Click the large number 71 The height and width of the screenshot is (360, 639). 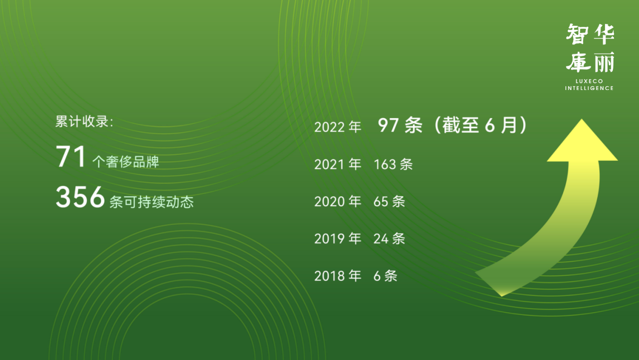(71, 156)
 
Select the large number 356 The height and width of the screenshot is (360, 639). (80, 197)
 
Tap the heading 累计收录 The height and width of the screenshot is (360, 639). (84, 121)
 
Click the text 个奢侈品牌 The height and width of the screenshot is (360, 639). (126, 162)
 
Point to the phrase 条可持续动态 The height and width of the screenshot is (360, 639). (151, 202)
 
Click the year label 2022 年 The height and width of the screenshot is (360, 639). (338, 127)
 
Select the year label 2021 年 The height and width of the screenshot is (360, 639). (338, 164)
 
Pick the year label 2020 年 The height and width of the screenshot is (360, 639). (338, 201)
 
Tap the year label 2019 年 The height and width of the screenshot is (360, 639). (338, 239)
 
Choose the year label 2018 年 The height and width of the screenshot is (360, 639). (338, 276)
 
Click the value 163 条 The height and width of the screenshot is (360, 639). (393, 164)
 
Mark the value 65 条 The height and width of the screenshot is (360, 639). (389, 201)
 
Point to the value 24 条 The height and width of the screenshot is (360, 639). (389, 239)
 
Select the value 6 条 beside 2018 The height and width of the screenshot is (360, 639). (385, 276)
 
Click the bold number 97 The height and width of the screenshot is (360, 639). (388, 125)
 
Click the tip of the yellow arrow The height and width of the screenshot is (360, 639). (582, 119)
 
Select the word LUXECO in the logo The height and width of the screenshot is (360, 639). (589, 81)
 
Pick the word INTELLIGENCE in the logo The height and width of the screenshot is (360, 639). (589, 88)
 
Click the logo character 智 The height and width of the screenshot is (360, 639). (577, 34)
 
